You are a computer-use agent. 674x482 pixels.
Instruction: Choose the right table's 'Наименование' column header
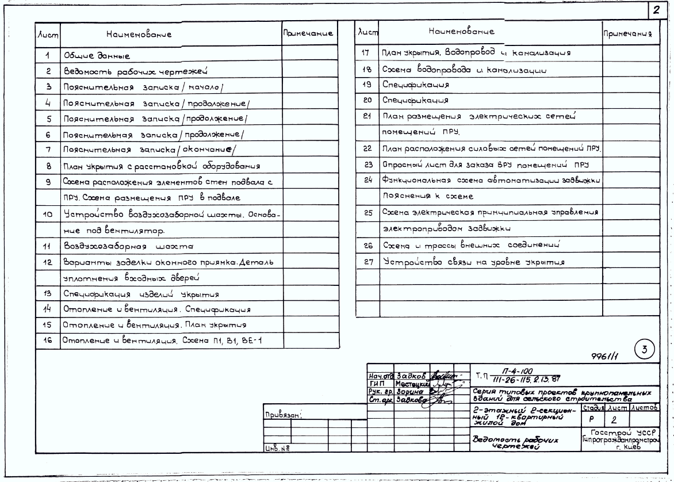461,30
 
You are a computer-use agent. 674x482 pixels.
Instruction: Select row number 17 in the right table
365,53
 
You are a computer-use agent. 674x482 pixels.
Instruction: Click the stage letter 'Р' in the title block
593,421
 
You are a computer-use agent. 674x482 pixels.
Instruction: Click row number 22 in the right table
365,148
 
